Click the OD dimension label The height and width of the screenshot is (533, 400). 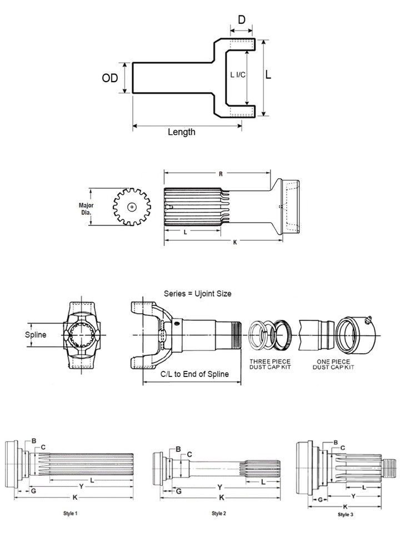pyautogui.click(x=110, y=78)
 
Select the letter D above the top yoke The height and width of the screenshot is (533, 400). pyautogui.click(x=242, y=20)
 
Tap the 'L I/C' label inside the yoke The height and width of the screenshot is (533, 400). pyautogui.click(x=238, y=74)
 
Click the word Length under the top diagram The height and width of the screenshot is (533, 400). pyautogui.click(x=182, y=132)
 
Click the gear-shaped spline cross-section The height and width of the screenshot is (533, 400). pyautogui.click(x=132, y=207)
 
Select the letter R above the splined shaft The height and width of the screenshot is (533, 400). pyautogui.click(x=221, y=174)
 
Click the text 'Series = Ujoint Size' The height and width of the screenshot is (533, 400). pyautogui.click(x=197, y=293)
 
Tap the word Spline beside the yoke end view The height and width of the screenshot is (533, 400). pyautogui.click(x=36, y=335)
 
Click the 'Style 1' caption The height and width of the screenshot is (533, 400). pyautogui.click(x=71, y=514)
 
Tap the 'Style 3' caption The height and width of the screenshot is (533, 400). pyautogui.click(x=345, y=515)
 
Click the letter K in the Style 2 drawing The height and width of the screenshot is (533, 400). pyautogui.click(x=221, y=496)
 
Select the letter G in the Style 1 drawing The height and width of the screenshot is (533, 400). pyautogui.click(x=33, y=491)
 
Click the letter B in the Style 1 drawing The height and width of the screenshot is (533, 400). pyautogui.click(x=34, y=441)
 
